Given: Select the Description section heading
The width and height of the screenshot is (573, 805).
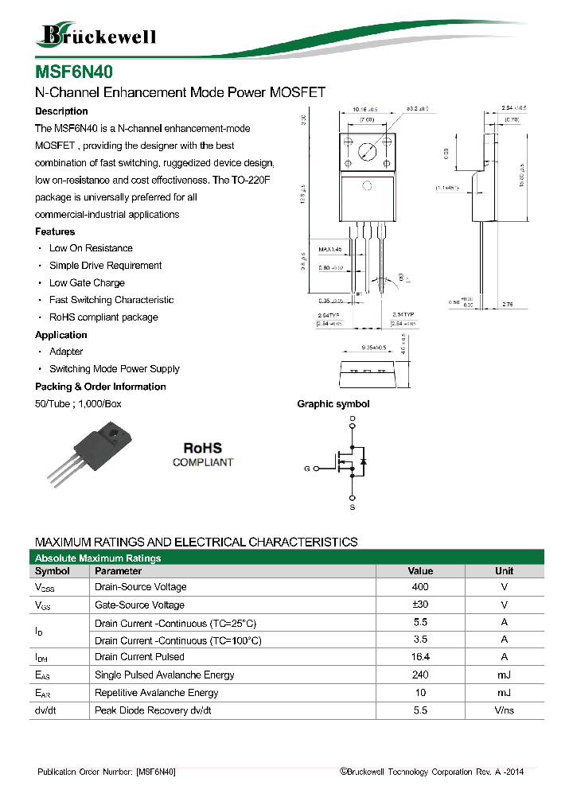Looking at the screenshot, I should [61, 111].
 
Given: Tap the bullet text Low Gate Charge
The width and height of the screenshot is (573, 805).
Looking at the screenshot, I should [87, 283].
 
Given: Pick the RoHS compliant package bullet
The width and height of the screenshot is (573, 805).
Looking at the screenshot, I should [103, 317].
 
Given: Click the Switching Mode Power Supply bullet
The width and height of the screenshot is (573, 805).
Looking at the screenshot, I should [114, 369].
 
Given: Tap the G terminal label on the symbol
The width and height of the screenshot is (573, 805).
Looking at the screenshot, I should [306, 469].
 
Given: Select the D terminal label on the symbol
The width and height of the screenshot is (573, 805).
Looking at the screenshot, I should [353, 418].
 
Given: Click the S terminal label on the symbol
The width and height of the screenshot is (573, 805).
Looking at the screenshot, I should [353, 507].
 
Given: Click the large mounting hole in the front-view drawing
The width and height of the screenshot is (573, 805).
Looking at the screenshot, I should [367, 151].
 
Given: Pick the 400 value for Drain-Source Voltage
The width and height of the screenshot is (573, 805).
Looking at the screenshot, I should [420, 587].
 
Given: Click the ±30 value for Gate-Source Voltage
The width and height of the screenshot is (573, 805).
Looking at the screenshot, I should [420, 605].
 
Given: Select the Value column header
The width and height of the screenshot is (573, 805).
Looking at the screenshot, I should [420, 571].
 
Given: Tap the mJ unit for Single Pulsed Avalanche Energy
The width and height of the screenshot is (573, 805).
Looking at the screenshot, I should [504, 675].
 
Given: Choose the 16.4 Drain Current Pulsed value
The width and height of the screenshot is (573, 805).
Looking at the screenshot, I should [420, 657].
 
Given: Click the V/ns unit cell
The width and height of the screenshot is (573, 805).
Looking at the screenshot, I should [504, 710].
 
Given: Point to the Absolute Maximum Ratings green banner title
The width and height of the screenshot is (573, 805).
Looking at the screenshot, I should [98, 558].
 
